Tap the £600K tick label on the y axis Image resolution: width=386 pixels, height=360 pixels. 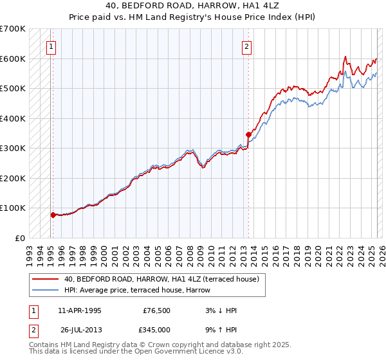tap(12, 59)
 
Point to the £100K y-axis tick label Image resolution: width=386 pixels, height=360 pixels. tap(12, 208)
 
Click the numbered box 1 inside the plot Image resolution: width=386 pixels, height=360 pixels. tap(50, 46)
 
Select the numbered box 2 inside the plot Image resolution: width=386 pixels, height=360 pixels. tap(247, 46)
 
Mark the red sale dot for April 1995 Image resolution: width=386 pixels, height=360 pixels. tap(53, 215)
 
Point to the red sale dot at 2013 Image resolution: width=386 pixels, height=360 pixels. tap(248, 135)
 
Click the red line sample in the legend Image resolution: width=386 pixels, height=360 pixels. tap(46, 279)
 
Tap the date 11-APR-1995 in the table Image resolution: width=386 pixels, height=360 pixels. tap(80, 310)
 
